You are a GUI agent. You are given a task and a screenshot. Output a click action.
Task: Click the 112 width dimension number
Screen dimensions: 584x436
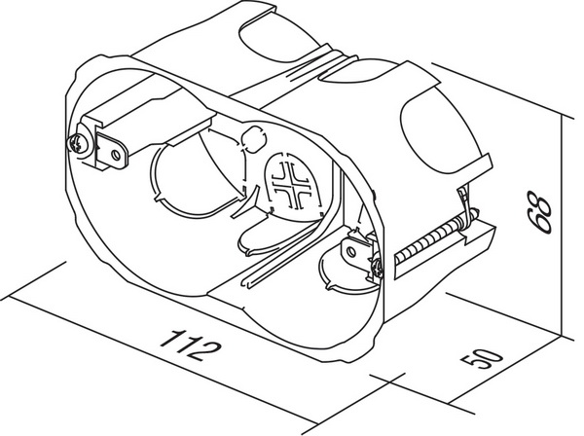tap(191, 345)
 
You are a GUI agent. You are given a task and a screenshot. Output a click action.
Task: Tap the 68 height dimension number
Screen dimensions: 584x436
tap(538, 212)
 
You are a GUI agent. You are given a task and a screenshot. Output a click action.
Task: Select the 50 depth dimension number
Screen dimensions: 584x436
tap(482, 358)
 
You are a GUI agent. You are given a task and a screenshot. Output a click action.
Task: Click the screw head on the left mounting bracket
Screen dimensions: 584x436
tap(77, 143)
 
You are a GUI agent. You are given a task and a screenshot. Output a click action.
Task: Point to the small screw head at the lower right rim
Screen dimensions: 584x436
tap(378, 269)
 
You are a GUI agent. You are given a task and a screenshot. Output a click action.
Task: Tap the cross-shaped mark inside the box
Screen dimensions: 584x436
tap(291, 185)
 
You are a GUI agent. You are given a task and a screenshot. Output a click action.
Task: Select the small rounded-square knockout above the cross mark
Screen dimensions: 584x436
tap(254, 139)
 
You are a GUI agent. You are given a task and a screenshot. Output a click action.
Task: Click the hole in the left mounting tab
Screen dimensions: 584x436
tap(116, 154)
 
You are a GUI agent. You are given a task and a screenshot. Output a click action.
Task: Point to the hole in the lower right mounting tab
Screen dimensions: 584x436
tap(350, 251)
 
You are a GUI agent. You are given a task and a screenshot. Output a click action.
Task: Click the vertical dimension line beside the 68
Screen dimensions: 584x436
tap(562, 226)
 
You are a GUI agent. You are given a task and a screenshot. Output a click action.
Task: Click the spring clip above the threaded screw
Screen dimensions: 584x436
tap(464, 208)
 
